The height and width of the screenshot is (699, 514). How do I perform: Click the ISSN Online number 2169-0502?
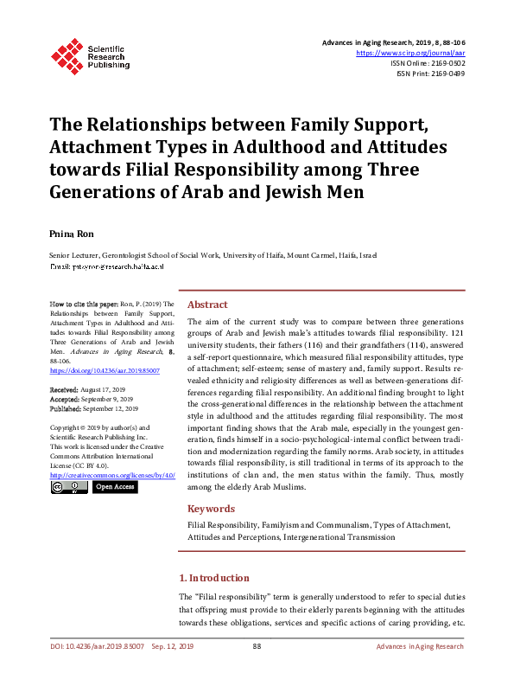click(x=447, y=63)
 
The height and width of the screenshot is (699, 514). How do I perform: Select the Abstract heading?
click(x=207, y=305)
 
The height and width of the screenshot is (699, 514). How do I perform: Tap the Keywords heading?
click(x=212, y=510)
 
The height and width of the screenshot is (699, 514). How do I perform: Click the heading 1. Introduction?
click(x=213, y=577)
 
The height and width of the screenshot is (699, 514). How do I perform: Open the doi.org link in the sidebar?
click(x=92, y=370)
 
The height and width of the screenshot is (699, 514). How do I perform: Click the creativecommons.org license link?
click(x=112, y=475)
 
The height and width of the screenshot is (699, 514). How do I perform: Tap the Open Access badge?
click(x=114, y=487)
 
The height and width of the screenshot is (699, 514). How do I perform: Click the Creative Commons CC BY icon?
click(x=69, y=487)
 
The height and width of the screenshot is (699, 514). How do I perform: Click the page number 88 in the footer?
click(x=257, y=646)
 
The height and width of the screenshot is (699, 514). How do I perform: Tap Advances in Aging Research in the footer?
click(x=420, y=646)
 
